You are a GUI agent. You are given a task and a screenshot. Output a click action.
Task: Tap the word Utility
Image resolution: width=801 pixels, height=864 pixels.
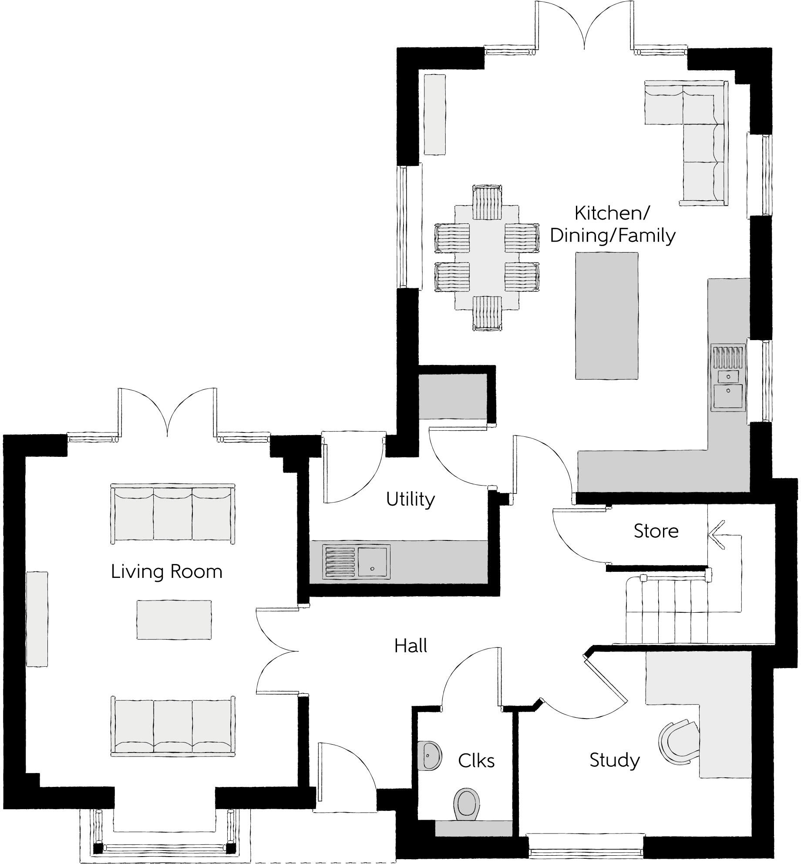(x=410, y=499)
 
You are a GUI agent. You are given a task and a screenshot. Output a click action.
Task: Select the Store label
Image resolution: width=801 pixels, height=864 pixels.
(x=656, y=531)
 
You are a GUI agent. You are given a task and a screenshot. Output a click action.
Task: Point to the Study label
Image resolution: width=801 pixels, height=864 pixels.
(x=614, y=760)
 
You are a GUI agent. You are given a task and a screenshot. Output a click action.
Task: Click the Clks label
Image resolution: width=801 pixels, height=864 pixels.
(x=476, y=760)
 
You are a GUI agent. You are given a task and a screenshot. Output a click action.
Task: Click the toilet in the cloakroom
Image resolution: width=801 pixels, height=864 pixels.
(x=467, y=803)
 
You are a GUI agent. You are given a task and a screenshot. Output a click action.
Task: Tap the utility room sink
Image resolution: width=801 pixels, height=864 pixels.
(x=373, y=562)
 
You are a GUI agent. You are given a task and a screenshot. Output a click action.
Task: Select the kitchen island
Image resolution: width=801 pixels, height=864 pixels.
(x=607, y=315)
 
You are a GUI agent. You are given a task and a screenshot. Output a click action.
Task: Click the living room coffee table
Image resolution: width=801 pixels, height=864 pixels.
(x=174, y=620)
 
